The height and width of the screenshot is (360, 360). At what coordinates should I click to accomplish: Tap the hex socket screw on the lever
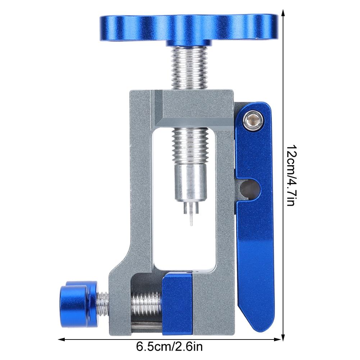(254, 120)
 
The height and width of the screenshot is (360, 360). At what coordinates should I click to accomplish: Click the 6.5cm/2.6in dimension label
(169, 346)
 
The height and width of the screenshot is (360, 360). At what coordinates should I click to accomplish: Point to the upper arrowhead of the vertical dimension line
(283, 13)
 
